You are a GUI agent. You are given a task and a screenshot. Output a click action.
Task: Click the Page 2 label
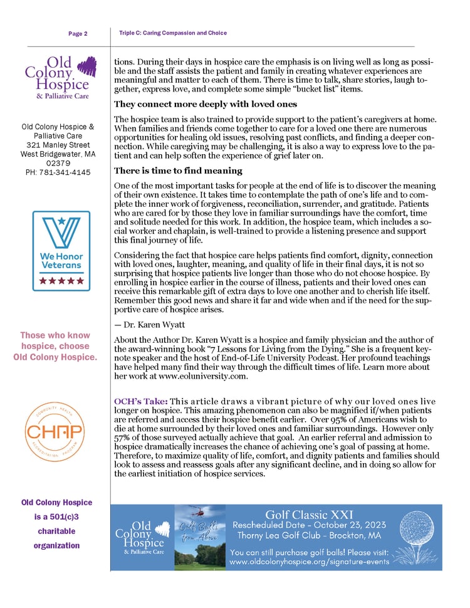point(78,33)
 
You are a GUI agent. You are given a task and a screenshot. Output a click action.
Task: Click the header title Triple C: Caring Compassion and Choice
point(172,33)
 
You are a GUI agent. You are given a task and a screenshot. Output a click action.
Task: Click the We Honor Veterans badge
point(61,250)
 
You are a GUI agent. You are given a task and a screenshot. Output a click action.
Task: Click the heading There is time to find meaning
point(177,170)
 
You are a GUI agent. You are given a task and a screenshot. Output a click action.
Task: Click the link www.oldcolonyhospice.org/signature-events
point(309,562)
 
